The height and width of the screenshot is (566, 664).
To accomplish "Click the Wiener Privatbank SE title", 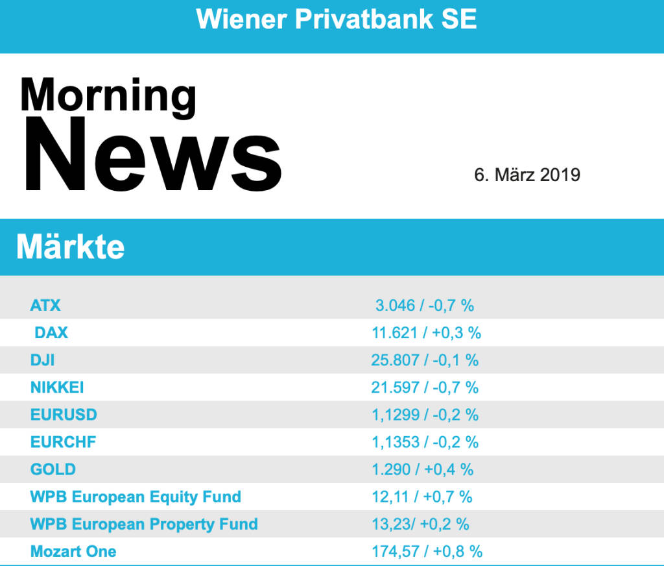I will pos(337,19).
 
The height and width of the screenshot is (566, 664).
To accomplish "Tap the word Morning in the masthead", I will pos(108,95).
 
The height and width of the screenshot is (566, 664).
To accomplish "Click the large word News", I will pos(153,156).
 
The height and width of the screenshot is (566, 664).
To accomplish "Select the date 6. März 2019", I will pos(527,175).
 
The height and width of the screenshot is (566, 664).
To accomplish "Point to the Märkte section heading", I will pos(70,247).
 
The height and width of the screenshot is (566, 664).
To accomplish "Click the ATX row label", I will pos(45,305).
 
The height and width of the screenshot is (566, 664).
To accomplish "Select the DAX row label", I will pos(51,333).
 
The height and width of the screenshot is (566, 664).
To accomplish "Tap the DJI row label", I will pos(43,360).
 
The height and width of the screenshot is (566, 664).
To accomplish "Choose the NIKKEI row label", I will pos(57,388).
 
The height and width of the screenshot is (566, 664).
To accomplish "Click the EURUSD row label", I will pos(64,415).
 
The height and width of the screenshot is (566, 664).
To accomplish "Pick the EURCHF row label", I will pos(63,442).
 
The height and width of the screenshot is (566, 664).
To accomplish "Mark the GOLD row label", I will pos(53,469).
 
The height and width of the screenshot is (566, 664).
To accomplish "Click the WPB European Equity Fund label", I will pos(136,497).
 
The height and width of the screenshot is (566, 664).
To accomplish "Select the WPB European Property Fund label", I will pos(144,524).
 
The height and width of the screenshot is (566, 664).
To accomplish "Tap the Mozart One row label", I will pos(73,552).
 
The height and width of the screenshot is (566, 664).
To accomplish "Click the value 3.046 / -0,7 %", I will pos(425,305).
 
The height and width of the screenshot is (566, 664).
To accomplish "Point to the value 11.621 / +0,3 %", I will pos(426,333).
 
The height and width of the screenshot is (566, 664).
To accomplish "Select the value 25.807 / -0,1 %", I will pos(425,360).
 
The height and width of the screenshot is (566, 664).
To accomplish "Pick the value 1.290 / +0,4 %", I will pos(422,469).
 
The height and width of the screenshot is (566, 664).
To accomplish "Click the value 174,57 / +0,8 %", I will pos(427,552).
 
